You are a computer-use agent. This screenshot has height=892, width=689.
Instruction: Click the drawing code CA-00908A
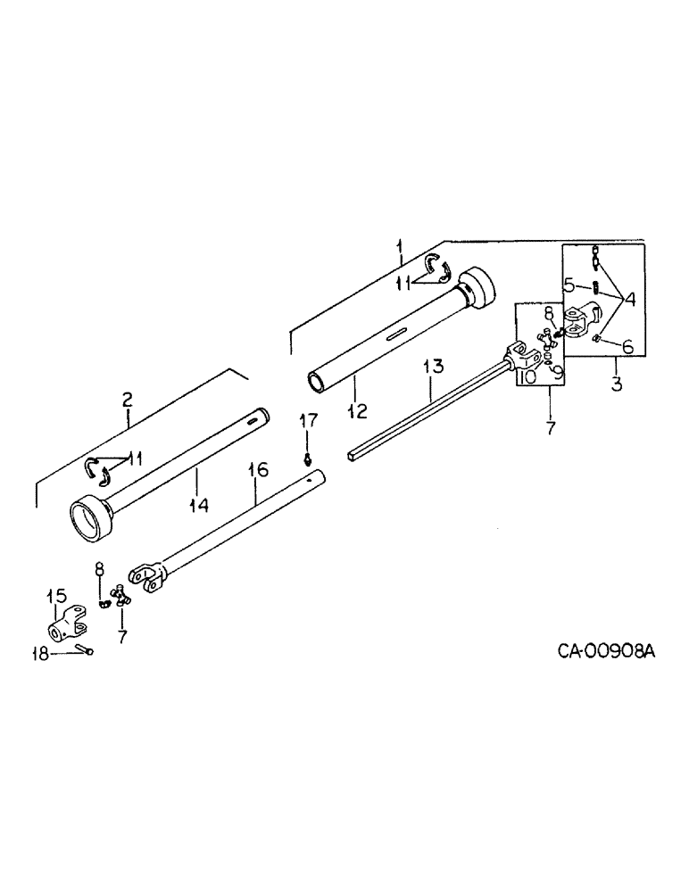607,652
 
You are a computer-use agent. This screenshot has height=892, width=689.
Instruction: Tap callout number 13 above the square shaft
433,366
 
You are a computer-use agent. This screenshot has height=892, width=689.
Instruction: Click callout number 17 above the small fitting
308,420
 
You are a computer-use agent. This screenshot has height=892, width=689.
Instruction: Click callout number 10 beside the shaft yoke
527,377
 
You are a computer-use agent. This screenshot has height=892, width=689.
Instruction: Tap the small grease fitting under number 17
307,460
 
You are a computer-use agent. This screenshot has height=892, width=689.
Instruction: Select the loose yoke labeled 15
67,621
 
